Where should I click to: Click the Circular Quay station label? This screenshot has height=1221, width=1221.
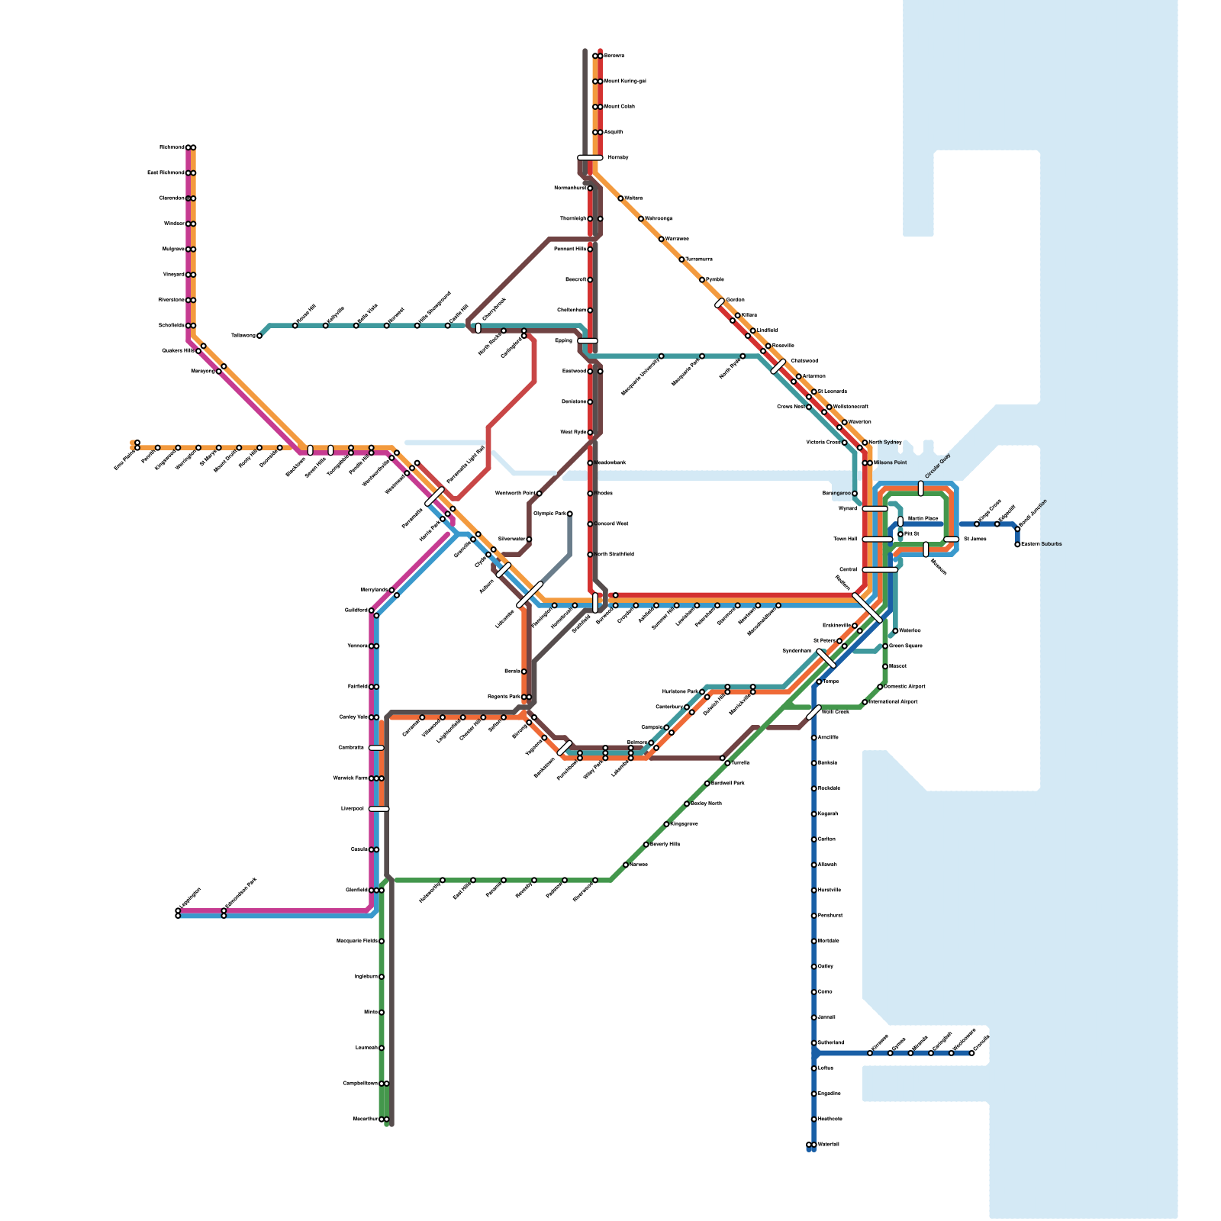point(938,466)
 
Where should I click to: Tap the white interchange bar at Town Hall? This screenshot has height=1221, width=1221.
point(878,540)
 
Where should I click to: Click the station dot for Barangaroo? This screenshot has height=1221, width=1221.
point(855,494)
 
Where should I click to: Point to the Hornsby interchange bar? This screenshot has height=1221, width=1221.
point(590,158)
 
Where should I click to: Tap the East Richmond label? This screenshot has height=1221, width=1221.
point(166,172)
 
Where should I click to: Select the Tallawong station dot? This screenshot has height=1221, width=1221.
point(259,336)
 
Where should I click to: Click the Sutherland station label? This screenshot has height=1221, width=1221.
point(831,1042)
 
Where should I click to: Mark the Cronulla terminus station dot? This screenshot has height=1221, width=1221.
point(971,1053)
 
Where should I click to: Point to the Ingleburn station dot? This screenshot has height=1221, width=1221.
point(382,977)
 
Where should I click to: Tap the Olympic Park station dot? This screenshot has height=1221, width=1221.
point(570,514)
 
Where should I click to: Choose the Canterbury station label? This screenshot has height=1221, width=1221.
point(669,707)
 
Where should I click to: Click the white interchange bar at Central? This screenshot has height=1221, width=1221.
point(880,569)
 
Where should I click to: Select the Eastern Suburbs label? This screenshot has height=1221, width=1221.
point(1042,544)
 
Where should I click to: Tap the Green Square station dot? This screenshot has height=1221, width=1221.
point(885,646)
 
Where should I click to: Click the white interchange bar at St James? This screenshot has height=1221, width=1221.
point(951,540)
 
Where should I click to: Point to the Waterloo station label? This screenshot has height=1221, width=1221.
point(910,630)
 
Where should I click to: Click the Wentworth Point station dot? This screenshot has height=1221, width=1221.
point(540,494)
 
